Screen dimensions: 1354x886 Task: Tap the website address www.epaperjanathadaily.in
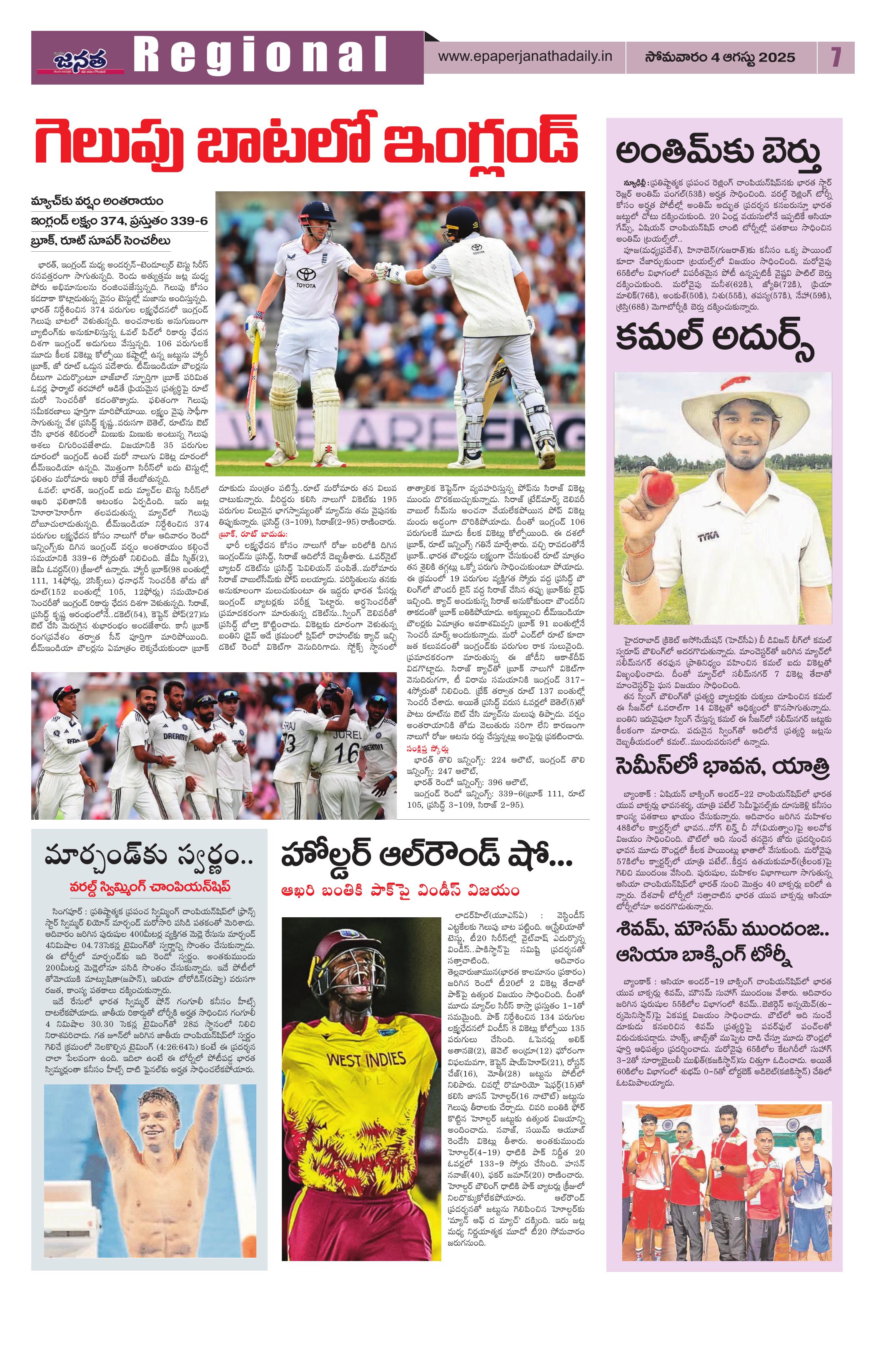point(525,58)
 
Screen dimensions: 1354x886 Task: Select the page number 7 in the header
point(835,58)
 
